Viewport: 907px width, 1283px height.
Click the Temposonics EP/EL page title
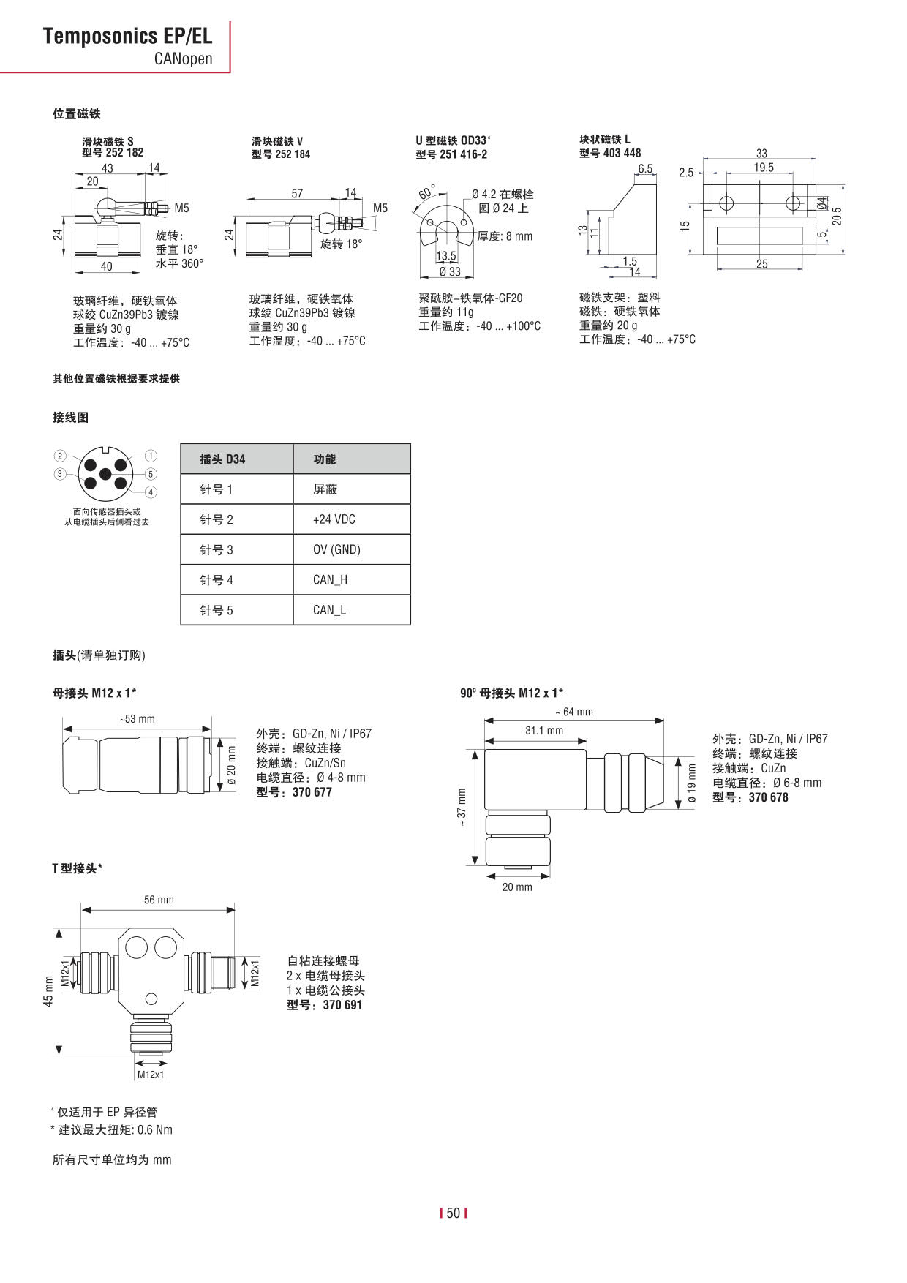(127, 36)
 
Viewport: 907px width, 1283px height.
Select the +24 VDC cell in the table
(334, 519)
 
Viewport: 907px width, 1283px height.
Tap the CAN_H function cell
(330, 580)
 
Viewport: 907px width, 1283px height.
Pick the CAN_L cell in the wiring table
(329, 610)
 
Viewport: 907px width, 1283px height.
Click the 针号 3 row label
(217, 550)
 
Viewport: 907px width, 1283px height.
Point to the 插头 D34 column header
(222, 459)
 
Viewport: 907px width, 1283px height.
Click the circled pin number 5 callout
(151, 474)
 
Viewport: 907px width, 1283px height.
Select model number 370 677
(312, 792)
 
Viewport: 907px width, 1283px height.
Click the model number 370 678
(768, 797)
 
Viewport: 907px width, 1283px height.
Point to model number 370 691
(342, 1005)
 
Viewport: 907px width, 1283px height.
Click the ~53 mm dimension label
(138, 719)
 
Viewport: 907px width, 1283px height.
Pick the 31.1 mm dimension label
(544, 731)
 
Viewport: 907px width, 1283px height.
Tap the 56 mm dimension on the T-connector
(159, 900)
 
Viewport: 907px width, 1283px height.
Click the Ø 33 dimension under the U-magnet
(449, 272)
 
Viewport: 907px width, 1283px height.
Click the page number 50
(453, 1214)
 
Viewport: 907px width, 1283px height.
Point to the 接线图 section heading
(70, 418)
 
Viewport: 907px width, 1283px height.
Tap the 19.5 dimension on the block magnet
(764, 168)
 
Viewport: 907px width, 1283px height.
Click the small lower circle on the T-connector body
(151, 999)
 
